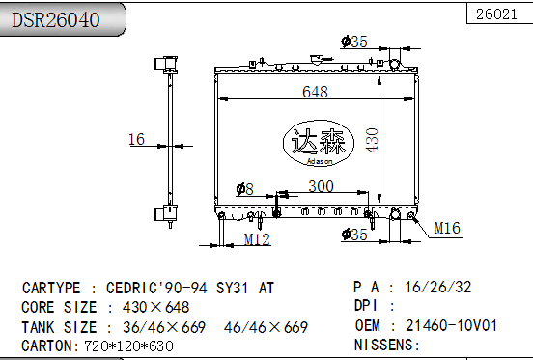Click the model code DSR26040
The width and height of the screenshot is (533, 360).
[x=55, y=19]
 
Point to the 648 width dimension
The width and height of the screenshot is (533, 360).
[x=315, y=92]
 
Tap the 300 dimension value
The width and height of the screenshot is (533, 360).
[x=321, y=186]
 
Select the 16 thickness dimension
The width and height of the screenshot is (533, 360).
[x=136, y=140]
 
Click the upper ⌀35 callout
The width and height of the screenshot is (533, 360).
[x=354, y=41]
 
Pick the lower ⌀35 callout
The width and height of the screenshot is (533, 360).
[x=354, y=234]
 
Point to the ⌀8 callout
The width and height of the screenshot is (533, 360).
[x=244, y=189]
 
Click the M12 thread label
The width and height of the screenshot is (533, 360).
[x=256, y=238]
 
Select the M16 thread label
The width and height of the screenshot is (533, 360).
[x=447, y=228]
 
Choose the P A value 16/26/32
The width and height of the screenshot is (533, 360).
[x=438, y=288]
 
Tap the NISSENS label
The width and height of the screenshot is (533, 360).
[x=386, y=345]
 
